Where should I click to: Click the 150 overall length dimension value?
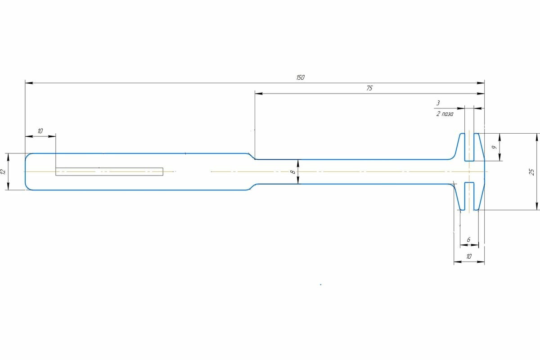coord(300,77)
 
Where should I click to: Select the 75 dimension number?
coord(369,88)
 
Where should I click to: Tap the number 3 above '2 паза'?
coord(438,103)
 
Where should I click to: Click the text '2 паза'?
coord(445,114)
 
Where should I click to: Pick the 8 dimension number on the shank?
coord(292,172)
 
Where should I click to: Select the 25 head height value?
coord(531,171)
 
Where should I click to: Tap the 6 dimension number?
coord(468,240)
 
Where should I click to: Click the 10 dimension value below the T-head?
coord(469,256)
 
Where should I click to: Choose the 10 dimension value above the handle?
coord(40,131)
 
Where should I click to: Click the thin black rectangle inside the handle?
coord(109,171)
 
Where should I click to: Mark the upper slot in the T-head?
coord(469,147)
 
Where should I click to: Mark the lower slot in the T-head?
coord(469,196)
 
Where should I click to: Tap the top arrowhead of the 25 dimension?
coord(537,136)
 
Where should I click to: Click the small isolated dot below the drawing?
coord(320,284)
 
